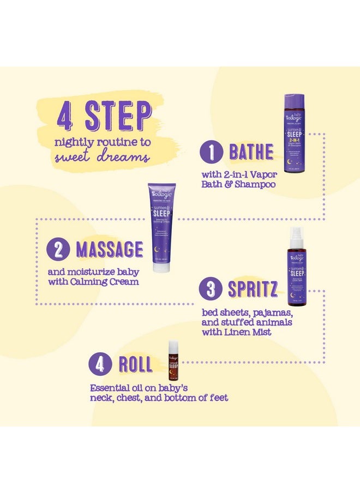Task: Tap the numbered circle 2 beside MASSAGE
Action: tap(58, 249)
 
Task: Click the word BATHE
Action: tap(251, 152)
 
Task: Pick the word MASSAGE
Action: tap(109, 249)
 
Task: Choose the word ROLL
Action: tap(136, 364)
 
